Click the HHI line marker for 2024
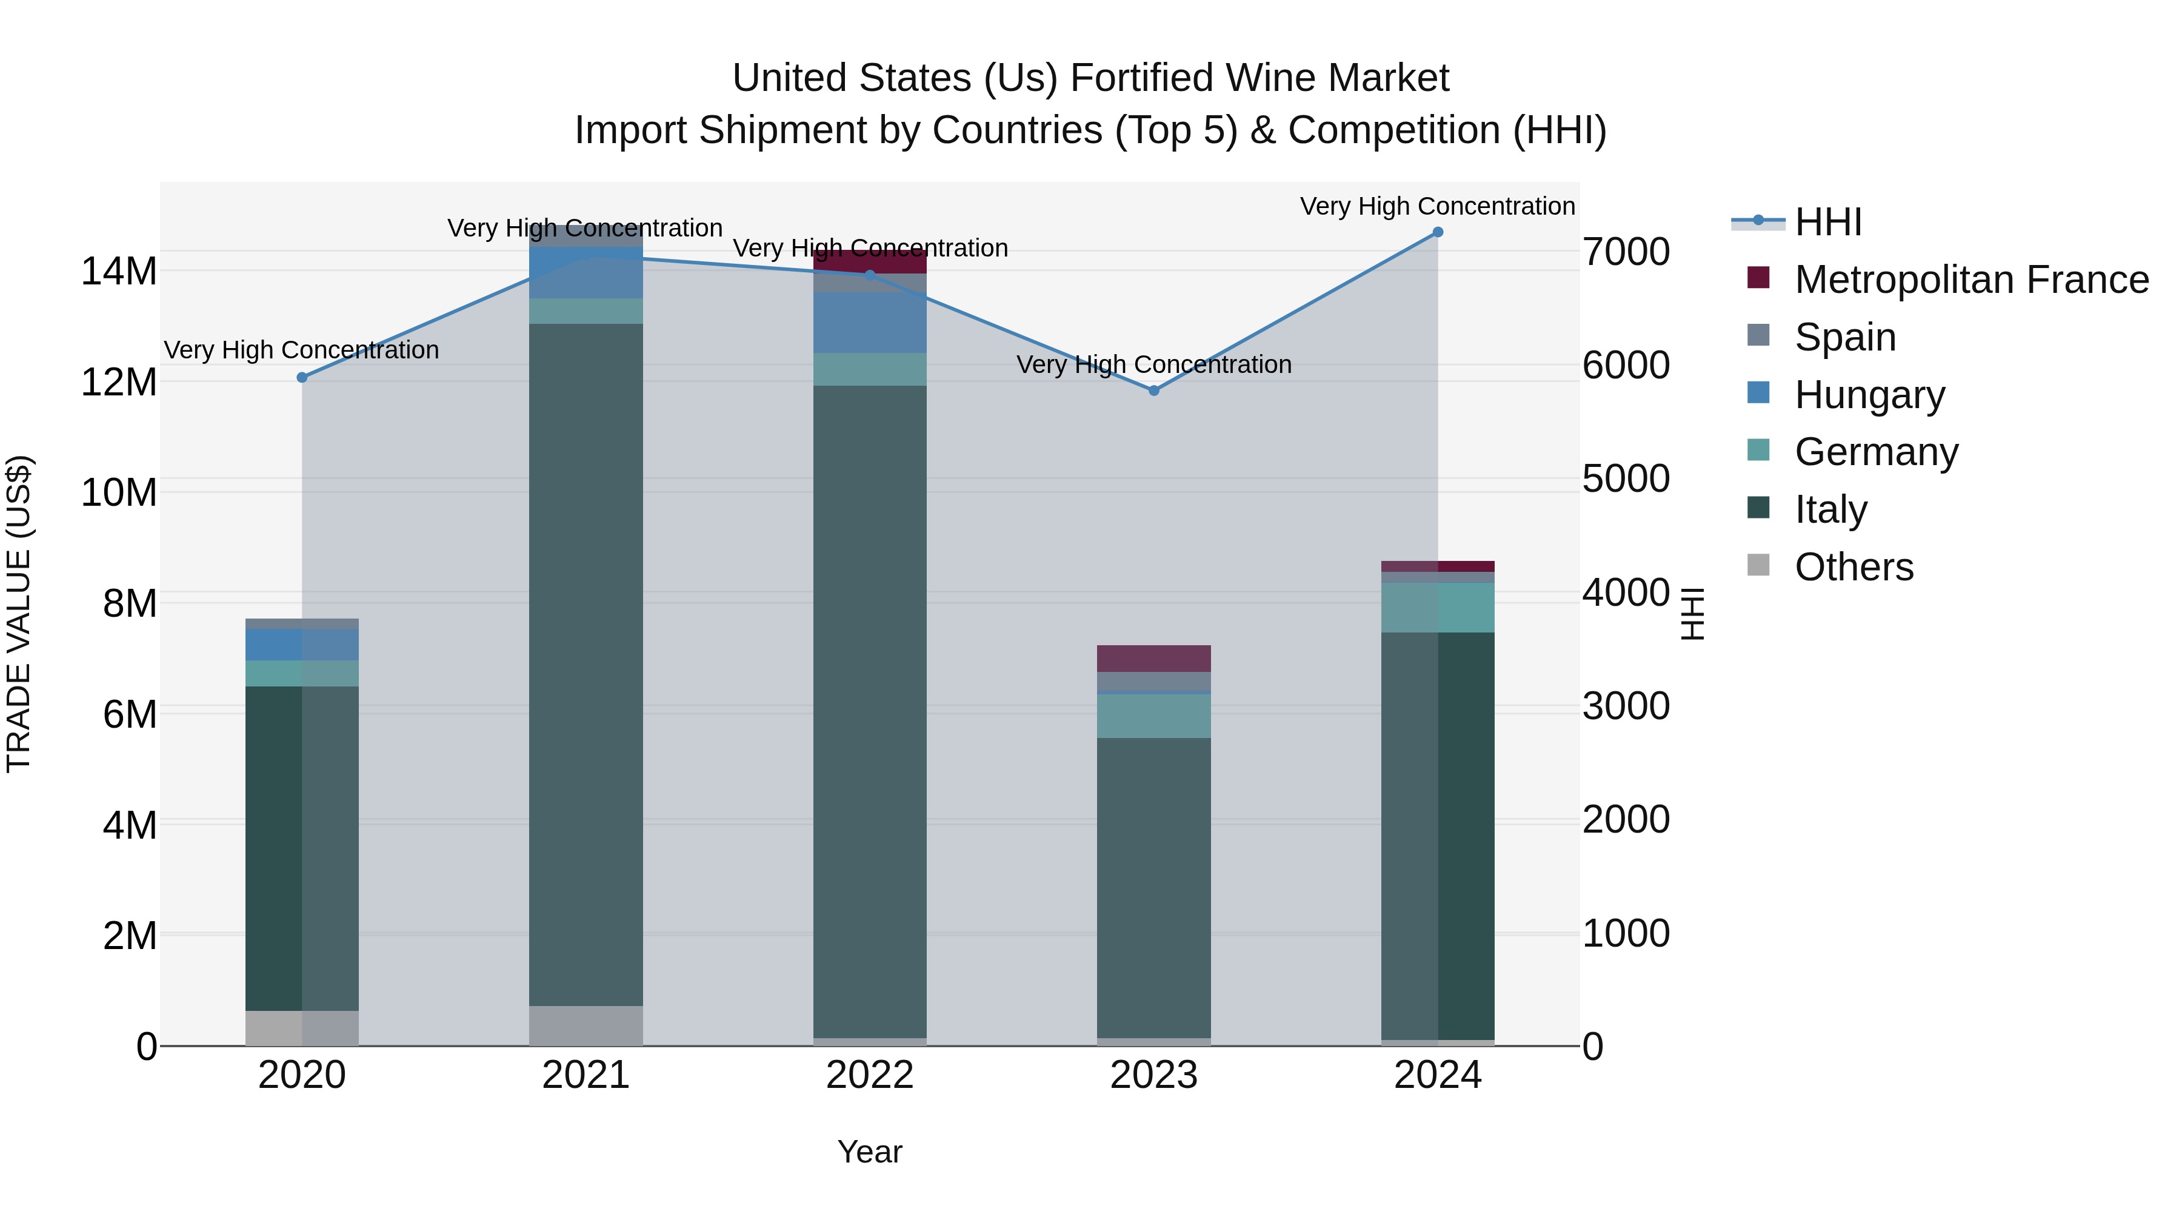pyautogui.click(x=1438, y=232)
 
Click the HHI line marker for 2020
pyautogui.click(x=302, y=377)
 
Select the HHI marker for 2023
pyautogui.click(x=1153, y=391)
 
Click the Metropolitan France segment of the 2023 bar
pyautogui.click(x=1153, y=659)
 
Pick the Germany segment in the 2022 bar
pyautogui.click(x=870, y=369)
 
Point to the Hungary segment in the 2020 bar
pyautogui.click(x=302, y=645)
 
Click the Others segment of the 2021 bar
pyautogui.click(x=586, y=1025)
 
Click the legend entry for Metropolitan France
pyautogui.click(x=1970, y=280)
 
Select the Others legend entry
pyautogui.click(x=1853, y=567)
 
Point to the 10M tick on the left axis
pyautogui.click(x=119, y=493)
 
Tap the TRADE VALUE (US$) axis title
pyautogui.click(x=19, y=614)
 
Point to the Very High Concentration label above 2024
pyautogui.click(x=1438, y=207)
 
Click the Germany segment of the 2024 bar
pyautogui.click(x=1438, y=608)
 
